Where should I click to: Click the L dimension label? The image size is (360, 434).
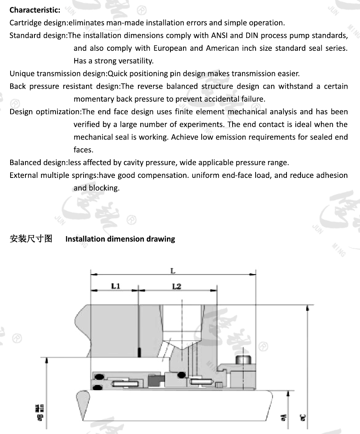pos(172,271)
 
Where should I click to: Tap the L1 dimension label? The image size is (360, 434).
pos(115,286)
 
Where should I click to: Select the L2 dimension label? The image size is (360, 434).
pos(177,286)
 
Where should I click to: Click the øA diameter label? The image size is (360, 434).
pos(283,419)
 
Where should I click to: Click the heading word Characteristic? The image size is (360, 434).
pos(35,10)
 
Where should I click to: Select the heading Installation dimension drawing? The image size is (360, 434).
pos(120,239)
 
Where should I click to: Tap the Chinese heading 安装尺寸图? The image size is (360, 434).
pos(31,239)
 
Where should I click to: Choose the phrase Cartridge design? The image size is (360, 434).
pos(37,23)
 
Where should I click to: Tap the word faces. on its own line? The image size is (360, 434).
pos(83,150)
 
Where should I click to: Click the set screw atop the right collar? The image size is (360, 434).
pos(243,359)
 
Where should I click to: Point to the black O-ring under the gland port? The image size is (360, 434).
pos(181,375)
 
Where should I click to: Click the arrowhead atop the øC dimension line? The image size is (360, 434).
pos(308,308)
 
